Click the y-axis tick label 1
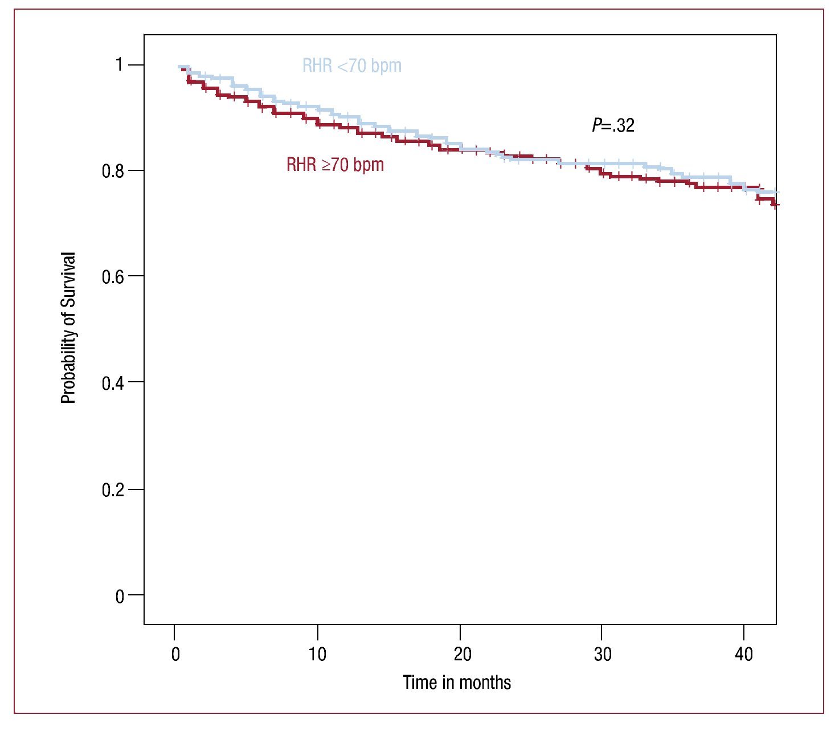[119, 65]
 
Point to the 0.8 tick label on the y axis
[113, 171]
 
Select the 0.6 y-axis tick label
[113, 276]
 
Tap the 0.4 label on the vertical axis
[113, 382]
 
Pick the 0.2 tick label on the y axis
[113, 489]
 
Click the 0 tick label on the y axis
[119, 596]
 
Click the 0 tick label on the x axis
[175, 655]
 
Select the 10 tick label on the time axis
[317, 655]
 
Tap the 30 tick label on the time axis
[602, 655]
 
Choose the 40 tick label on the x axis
[744, 655]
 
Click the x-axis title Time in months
[457, 682]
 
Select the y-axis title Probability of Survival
[68, 328]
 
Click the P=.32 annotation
[613, 125]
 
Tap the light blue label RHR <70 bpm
[351, 66]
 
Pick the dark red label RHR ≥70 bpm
[335, 165]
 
